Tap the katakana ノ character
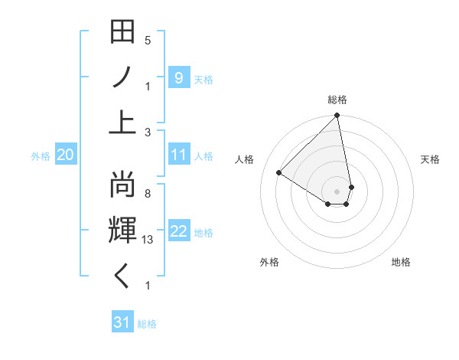123,78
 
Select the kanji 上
123,123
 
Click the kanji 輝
123,230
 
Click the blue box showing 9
178,77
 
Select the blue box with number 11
178,155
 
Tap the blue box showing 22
178,232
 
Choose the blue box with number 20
65,155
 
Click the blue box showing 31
122,322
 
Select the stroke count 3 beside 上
148,132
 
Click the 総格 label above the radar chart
337,100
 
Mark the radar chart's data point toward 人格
279,173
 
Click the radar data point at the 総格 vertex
337,116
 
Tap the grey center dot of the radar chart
337,190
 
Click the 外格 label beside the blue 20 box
41,156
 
